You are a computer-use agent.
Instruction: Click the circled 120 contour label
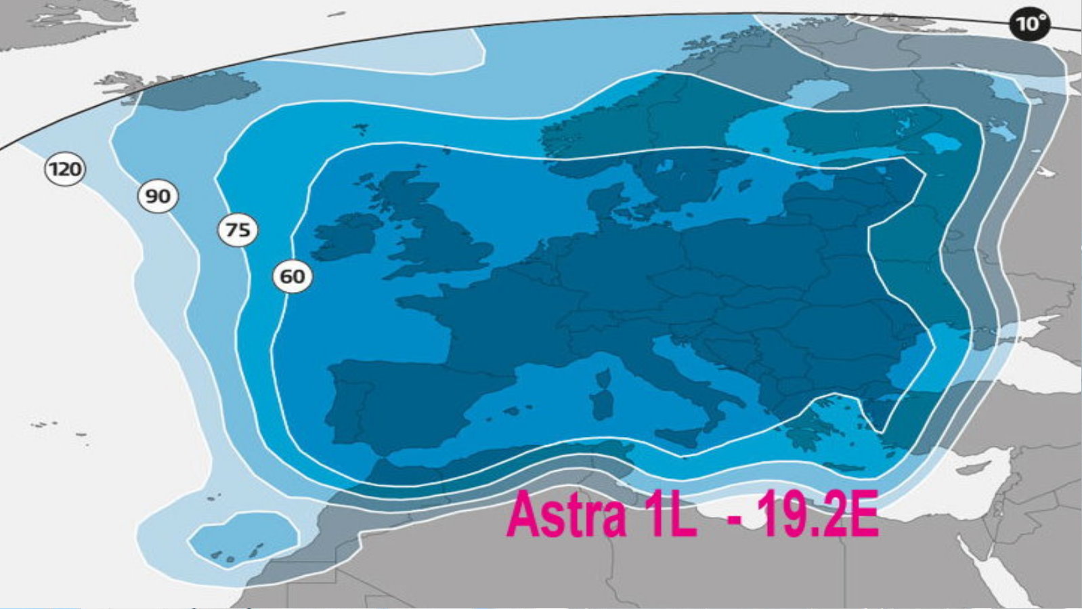65,169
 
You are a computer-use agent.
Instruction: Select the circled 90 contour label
158,196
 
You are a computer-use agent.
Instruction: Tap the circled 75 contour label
238,230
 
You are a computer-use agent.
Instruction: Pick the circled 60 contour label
293,276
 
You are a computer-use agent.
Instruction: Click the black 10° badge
1030,25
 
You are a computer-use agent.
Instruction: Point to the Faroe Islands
360,128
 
